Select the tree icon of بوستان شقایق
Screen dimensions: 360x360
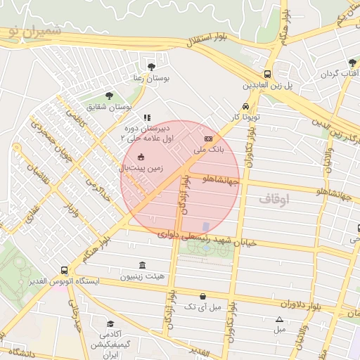tap(109, 95)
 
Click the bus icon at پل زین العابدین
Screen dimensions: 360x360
tap(267, 74)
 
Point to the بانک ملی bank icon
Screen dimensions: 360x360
tap(208, 139)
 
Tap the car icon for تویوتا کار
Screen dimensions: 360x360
tap(245, 106)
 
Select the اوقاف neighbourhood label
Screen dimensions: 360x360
tap(274, 200)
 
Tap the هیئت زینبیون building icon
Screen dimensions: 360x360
tap(143, 265)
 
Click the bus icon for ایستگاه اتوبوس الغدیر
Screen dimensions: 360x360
tap(65, 270)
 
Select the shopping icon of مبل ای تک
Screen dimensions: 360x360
tap(203, 296)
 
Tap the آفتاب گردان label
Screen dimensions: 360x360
tap(340, 73)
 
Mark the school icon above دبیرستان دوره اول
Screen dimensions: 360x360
tap(146, 118)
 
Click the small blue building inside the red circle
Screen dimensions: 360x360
tap(206, 226)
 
